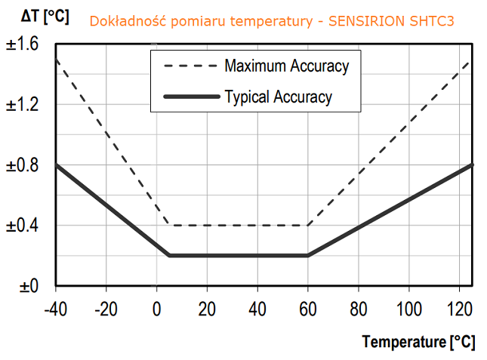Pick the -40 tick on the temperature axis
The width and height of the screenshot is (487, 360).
pos(56,309)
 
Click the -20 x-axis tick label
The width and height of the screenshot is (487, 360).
pos(106,309)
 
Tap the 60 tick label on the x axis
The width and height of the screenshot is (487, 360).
pos(308,309)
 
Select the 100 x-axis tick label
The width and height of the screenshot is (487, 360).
pos(408,309)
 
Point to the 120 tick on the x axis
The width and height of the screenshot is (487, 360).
pos(459,309)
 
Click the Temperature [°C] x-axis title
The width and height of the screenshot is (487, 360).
pos(419,342)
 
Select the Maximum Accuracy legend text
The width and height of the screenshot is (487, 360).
pos(286,66)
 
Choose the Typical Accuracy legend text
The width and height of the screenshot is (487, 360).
pos(278,96)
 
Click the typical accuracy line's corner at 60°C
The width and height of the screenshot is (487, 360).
pos(307,255)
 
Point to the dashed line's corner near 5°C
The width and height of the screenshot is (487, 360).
pos(169,225)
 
